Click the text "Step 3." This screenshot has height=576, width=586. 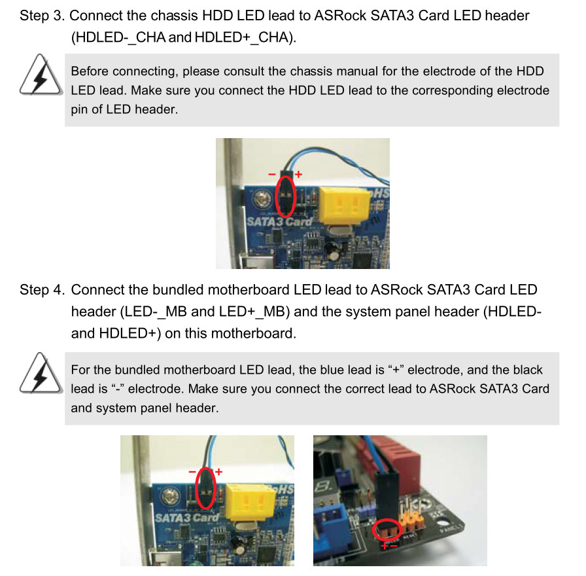point(43,16)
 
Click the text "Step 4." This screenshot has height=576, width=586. point(43,290)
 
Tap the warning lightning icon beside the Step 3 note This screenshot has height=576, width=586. point(41,75)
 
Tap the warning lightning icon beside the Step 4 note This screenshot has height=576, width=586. point(41,373)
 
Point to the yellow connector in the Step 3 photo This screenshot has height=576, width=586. point(344,205)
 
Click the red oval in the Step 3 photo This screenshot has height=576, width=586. point(276,197)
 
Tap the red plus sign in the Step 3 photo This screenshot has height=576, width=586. point(298,174)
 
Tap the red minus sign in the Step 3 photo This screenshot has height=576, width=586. point(271,174)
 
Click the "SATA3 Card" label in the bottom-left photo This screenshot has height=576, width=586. point(186,518)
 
